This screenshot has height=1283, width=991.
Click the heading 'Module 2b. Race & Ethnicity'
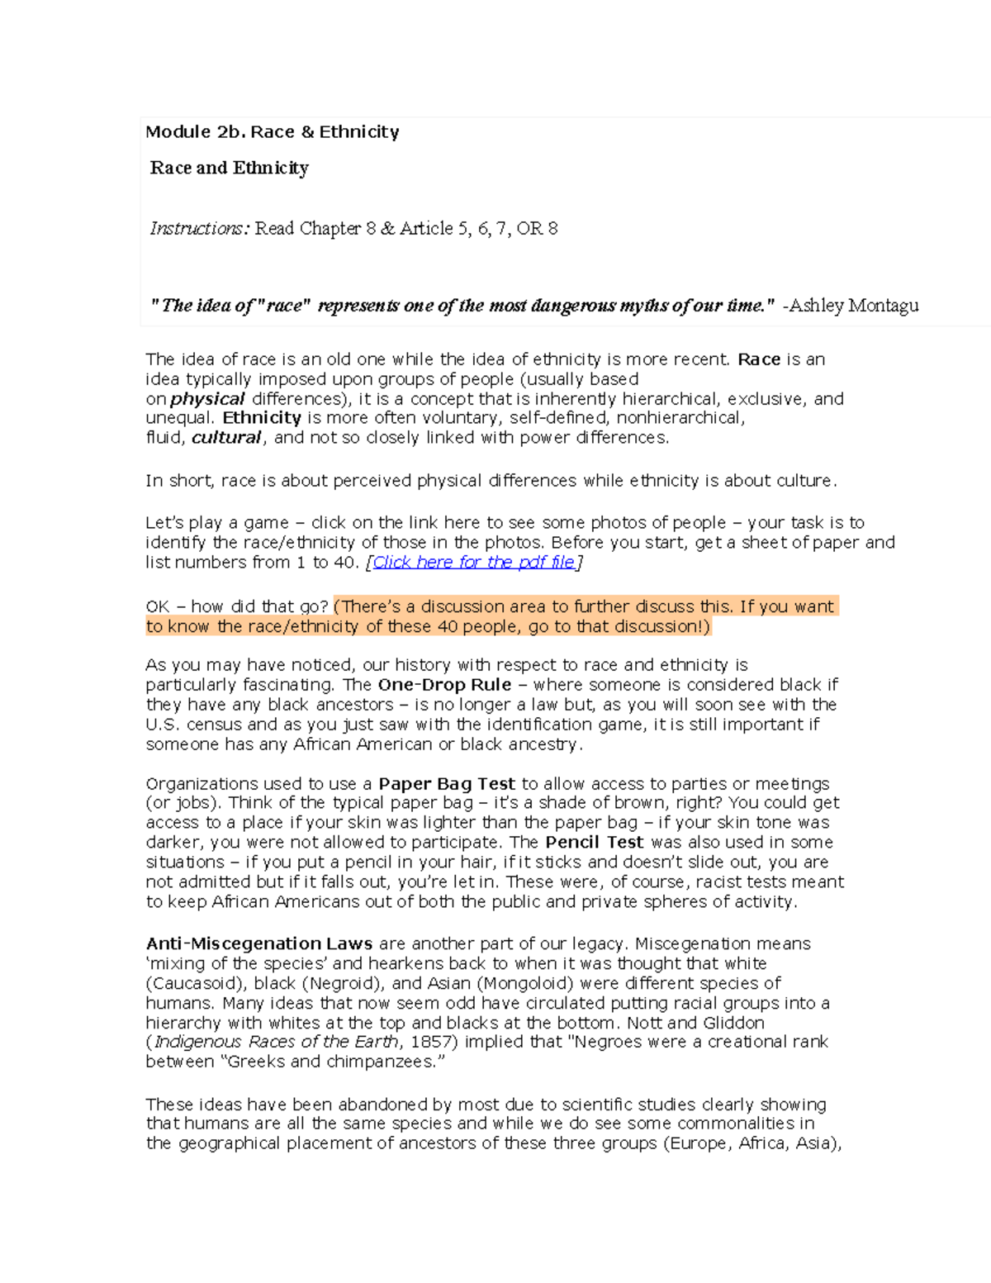pyautogui.click(x=272, y=132)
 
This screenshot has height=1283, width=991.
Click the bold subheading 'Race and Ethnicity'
pyautogui.click(x=230, y=169)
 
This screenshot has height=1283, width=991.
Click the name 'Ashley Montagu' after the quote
pyautogui.click(x=854, y=306)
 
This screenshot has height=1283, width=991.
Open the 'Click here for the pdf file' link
pyautogui.click(x=474, y=563)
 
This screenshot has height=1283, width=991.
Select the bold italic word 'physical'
pyautogui.click(x=207, y=399)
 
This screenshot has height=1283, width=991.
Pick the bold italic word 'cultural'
pyautogui.click(x=226, y=438)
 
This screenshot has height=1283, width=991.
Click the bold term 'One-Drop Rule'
pyautogui.click(x=444, y=685)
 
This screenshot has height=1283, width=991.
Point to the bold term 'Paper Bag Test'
pyautogui.click(x=447, y=784)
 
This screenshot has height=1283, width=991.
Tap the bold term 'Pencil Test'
pyautogui.click(x=594, y=843)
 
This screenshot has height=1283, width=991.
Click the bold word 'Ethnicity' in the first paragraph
pyautogui.click(x=262, y=418)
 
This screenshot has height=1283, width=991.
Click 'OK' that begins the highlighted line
pyautogui.click(x=157, y=606)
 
